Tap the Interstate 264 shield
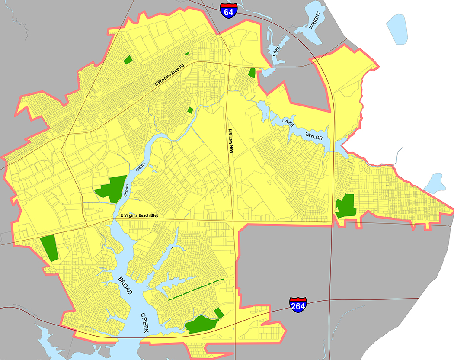[298, 305]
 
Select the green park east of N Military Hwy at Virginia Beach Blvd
[345, 206]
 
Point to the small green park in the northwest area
[128, 60]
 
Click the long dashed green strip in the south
[196, 289]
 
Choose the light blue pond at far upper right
[397, 29]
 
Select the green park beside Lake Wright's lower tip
[252, 73]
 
